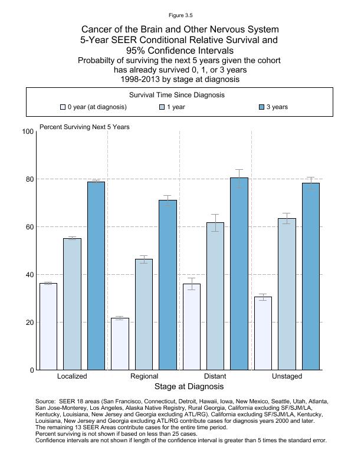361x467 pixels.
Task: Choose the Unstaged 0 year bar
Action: pyautogui.click(x=263, y=333)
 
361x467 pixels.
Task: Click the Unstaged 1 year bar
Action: pyautogui.click(x=287, y=294)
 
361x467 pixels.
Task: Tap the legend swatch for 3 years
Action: pyautogui.click(x=262, y=107)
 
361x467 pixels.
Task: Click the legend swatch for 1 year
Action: pyautogui.click(x=162, y=107)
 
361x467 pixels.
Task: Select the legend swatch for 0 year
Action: pyautogui.click(x=63, y=107)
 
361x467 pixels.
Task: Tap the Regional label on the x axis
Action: pyautogui.click(x=144, y=376)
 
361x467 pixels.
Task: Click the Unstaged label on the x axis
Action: pyautogui.click(x=287, y=376)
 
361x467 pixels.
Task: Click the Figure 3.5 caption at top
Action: pyautogui.click(x=180, y=15)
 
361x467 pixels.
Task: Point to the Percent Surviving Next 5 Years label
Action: pyautogui.click(x=84, y=127)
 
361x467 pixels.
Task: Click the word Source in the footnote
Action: pyautogui.click(x=45, y=400)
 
